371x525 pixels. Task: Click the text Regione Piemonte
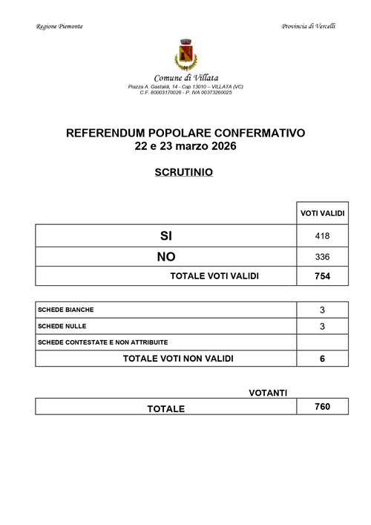point(59,27)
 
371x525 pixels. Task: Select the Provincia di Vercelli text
point(309,27)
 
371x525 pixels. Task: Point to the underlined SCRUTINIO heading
point(185,172)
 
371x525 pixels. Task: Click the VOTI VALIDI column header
point(322,214)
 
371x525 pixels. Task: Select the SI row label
point(165,236)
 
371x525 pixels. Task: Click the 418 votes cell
point(322,236)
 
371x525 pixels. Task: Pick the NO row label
point(165,257)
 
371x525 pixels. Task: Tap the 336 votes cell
point(322,257)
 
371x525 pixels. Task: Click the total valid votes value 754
point(322,276)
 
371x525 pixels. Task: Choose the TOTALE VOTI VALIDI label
point(214,276)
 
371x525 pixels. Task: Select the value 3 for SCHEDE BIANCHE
point(322,310)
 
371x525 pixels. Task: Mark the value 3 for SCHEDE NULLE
point(322,326)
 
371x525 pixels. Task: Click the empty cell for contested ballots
point(322,342)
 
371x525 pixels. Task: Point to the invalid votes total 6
point(322,359)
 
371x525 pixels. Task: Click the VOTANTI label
point(269,392)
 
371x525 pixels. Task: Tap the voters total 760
point(322,407)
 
